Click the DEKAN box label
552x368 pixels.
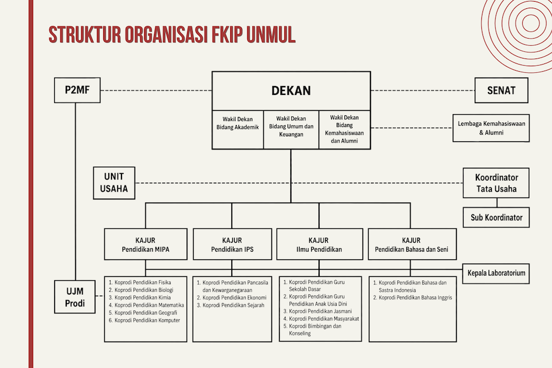click(291, 91)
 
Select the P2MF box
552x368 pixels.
click(77, 90)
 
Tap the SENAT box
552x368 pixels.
click(501, 90)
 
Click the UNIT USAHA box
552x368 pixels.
click(114, 183)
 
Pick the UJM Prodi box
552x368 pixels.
click(75, 297)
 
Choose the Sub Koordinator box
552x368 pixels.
click(496, 217)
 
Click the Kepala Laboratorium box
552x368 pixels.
click(496, 273)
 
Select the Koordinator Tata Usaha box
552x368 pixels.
click(496, 183)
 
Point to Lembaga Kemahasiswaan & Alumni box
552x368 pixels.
click(491, 128)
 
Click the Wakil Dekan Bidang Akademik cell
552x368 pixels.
click(237, 130)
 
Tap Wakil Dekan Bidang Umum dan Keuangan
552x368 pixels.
click(291, 130)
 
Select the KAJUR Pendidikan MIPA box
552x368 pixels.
click(146, 244)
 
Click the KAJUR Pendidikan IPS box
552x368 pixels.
click(232, 244)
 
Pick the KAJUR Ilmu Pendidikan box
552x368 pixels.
click(320, 244)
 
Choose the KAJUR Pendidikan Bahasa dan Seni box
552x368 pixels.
click(412, 244)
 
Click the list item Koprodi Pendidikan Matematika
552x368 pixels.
click(146, 305)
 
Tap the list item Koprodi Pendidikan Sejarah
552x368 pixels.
click(231, 305)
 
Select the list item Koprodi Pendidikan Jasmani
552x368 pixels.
click(317, 311)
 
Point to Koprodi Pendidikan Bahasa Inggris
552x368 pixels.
click(412, 297)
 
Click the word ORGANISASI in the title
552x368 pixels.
click(166, 34)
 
